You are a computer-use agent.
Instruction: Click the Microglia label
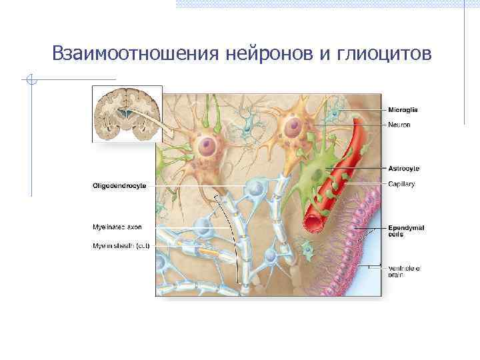(403, 110)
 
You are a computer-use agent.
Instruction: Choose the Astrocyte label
(404, 169)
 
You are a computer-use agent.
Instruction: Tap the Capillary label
(401, 185)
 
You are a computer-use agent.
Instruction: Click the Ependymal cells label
(406, 231)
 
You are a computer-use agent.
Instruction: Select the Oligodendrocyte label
(119, 185)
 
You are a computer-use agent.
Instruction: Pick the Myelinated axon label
(117, 227)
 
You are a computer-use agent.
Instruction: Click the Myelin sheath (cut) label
(121, 245)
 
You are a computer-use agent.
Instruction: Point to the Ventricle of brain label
(405, 271)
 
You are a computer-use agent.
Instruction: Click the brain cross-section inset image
(127, 113)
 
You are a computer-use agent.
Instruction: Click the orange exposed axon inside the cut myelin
(207, 251)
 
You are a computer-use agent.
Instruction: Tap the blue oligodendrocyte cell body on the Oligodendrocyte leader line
(254, 189)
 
